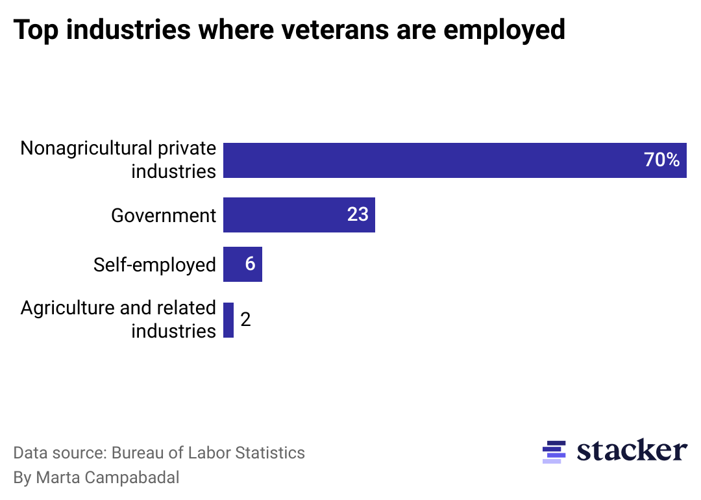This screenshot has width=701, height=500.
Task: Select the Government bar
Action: point(299,214)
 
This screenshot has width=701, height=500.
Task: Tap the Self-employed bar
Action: point(242,264)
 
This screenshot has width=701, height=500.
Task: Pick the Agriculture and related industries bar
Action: point(228,319)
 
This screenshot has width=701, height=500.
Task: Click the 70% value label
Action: point(661,160)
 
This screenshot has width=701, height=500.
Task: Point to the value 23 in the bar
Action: point(358,214)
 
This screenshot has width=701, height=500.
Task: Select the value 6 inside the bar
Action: point(250,264)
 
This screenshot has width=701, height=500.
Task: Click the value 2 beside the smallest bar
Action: point(245,319)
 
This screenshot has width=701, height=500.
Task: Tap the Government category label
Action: point(164,216)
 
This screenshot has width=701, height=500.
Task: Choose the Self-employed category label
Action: point(154,265)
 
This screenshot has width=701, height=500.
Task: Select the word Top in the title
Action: point(36,30)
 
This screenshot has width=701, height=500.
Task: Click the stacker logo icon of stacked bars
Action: point(554,452)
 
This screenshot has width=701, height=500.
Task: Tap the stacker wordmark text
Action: point(632,450)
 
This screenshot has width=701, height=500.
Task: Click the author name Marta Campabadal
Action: point(108,478)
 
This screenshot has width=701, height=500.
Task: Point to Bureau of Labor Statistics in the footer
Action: point(208,453)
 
